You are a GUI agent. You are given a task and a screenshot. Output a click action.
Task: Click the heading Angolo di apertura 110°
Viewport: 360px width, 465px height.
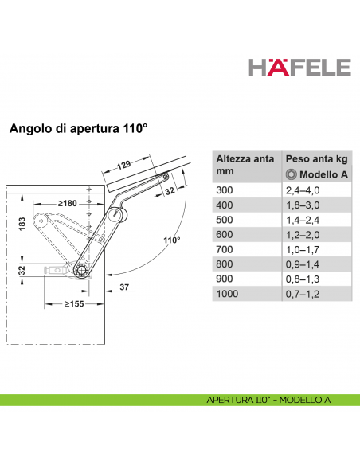(79, 127)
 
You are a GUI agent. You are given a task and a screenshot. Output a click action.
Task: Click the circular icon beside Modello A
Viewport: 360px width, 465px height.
(291, 174)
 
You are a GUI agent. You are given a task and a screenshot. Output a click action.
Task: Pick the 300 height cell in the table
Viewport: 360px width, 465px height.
(225, 190)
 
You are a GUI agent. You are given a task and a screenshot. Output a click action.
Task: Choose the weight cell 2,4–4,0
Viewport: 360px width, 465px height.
(302, 190)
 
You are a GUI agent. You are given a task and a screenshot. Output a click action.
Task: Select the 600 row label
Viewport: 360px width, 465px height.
(225, 235)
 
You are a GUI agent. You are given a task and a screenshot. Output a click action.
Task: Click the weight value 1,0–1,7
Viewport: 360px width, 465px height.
(302, 250)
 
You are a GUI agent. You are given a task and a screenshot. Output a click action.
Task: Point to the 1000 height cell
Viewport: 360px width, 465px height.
(228, 295)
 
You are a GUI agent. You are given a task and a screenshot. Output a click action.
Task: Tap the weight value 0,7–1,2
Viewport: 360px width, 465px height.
(302, 295)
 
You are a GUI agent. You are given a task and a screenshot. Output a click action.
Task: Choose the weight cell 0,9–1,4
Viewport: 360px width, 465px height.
(302, 265)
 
